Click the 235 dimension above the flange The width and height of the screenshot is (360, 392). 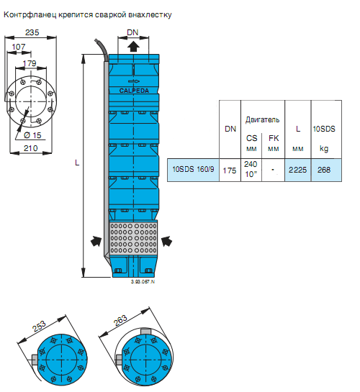point(32,32)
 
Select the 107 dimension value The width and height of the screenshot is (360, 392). point(19,47)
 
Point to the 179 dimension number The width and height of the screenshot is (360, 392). point(30,63)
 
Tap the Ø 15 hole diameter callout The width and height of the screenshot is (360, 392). point(32,135)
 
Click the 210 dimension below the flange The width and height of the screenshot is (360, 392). point(30,148)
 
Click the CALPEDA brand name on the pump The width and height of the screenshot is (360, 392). point(134,91)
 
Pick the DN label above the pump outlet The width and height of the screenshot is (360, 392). point(132,32)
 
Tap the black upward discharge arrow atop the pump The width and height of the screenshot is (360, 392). point(133,46)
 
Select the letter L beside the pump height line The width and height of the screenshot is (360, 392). point(77,163)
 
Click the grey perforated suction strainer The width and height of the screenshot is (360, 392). point(134,238)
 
